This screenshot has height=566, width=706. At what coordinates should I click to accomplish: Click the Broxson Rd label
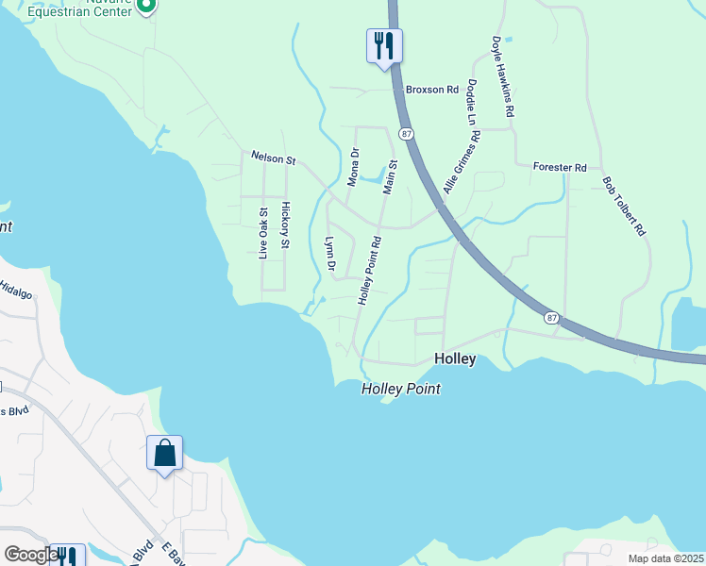431,90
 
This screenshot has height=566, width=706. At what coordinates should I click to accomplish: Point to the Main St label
389,176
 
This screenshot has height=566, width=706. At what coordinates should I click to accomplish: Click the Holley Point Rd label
368,270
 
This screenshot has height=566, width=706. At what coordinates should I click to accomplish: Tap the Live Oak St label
264,233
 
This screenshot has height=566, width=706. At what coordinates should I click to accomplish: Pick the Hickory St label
285,225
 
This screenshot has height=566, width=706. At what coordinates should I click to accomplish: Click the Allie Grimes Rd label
462,163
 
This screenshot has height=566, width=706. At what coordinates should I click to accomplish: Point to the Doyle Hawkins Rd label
502,76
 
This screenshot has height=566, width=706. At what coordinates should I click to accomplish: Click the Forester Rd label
560,167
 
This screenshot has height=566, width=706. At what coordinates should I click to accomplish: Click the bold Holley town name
455,359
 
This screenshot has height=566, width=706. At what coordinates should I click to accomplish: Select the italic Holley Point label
401,389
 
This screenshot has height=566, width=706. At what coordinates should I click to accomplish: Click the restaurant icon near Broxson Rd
384,45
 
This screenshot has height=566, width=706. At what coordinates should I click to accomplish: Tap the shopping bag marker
164,453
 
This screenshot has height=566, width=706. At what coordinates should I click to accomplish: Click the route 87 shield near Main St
406,135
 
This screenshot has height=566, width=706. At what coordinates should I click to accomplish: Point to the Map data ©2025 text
665,558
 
